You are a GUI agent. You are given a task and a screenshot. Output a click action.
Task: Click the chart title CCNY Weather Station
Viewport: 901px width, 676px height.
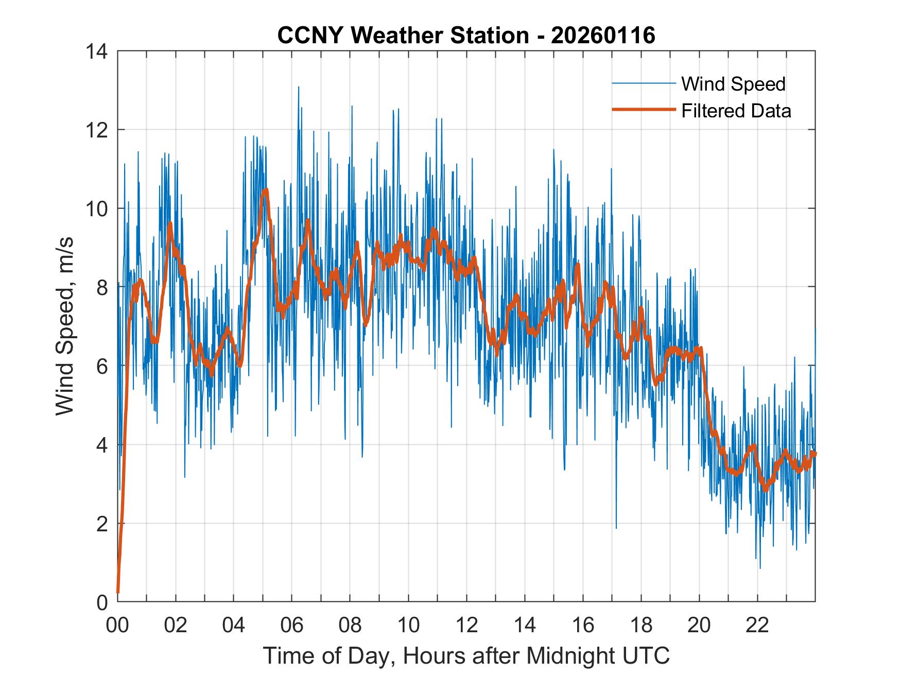[403, 36]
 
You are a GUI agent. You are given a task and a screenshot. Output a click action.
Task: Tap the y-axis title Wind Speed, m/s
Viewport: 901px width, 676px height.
[65, 326]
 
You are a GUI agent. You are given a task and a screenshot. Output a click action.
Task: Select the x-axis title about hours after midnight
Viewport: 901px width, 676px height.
[466, 656]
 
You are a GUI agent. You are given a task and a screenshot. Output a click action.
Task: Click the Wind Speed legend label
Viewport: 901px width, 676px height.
[733, 84]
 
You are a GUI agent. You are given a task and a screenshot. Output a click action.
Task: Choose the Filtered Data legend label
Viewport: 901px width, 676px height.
[736, 111]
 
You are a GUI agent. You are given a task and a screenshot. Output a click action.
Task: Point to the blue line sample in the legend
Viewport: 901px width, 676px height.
[643, 83]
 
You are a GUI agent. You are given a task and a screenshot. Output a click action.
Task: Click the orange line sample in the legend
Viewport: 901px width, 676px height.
[643, 110]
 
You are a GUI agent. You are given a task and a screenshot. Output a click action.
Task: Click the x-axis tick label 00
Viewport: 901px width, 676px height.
[117, 625]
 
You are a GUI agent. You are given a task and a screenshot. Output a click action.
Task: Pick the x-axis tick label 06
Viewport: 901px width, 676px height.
[292, 625]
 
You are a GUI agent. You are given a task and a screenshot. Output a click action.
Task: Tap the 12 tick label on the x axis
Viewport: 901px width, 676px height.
[466, 625]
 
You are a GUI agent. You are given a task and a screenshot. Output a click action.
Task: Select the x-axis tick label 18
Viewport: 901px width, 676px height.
[641, 625]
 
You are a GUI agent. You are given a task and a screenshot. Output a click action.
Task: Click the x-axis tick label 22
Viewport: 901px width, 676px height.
[757, 625]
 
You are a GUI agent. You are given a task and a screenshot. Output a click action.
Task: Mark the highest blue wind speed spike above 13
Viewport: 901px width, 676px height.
[298, 88]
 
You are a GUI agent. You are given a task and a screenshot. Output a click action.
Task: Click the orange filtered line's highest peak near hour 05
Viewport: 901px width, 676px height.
[266, 189]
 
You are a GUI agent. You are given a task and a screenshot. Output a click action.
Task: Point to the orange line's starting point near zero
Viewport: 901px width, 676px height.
[118, 592]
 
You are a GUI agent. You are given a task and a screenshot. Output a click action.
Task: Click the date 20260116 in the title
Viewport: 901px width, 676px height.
[603, 36]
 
